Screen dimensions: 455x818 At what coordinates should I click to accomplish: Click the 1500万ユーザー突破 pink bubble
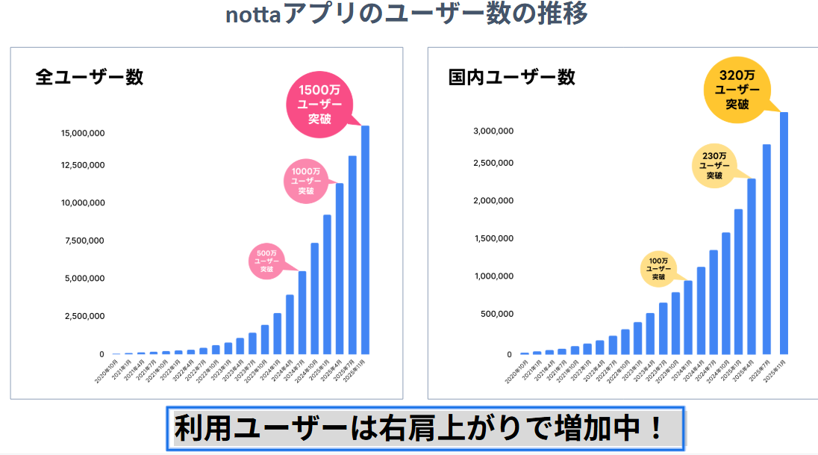[x=319, y=105]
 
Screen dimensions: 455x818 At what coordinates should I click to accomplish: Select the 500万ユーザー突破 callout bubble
[x=266, y=261]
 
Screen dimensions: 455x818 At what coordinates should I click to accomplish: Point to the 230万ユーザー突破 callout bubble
[x=714, y=166]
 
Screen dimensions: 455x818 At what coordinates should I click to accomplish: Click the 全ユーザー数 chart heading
[x=90, y=77]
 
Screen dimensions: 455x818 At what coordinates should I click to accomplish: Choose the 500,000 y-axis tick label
[x=495, y=314]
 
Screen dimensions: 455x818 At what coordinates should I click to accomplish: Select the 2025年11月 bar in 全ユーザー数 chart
[x=365, y=239]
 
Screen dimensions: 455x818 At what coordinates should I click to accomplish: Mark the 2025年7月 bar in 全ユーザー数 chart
[x=352, y=254]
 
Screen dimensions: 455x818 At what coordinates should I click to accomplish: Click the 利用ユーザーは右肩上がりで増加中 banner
[x=424, y=429]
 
